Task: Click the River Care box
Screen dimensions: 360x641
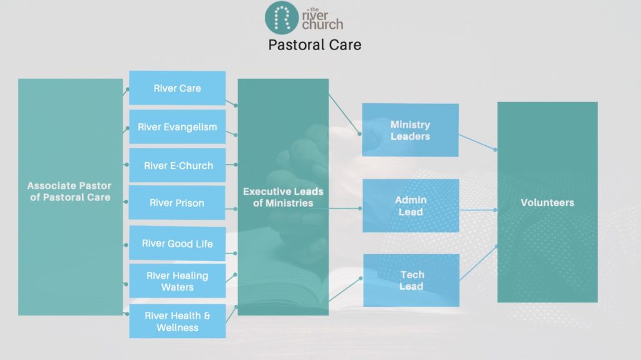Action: coord(177,88)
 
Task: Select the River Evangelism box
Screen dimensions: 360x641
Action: coord(177,127)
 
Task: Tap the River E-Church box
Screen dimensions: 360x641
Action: coord(178,166)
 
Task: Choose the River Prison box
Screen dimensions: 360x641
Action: coord(177,203)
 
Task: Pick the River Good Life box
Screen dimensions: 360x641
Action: coord(177,244)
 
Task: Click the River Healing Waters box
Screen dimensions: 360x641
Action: coord(177,281)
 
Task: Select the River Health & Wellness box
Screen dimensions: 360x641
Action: coord(177,321)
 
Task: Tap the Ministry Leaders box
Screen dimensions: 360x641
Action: coord(410,130)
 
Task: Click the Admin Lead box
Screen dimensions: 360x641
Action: coord(410,205)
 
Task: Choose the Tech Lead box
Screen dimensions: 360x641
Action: coord(411,280)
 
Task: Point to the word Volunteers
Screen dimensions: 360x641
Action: coord(547,203)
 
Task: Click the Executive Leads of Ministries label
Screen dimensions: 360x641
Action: coord(283,197)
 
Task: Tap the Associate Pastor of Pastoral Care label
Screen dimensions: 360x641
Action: coord(69,192)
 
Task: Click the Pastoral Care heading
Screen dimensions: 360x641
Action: coord(314,45)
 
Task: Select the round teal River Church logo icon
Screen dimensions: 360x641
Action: coord(282,18)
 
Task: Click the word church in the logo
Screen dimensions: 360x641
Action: coord(322,25)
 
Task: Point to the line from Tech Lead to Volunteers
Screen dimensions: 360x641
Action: coord(478,262)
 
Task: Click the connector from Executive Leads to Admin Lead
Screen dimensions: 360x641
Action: coord(345,208)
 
